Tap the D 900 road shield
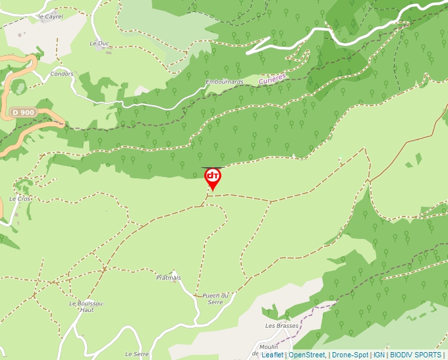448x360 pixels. coord(22,113)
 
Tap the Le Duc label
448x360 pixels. coord(98,43)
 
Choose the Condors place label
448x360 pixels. coord(62,74)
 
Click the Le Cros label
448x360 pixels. coord(20,198)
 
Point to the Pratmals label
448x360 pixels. coord(169,278)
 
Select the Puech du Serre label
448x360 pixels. coord(215,298)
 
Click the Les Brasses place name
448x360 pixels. coord(282,325)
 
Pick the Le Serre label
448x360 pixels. coord(136,354)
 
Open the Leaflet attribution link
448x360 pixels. coord(272,355)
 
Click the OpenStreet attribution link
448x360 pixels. coord(307,355)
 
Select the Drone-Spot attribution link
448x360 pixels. coord(350,355)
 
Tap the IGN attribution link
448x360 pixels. coord(379,355)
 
